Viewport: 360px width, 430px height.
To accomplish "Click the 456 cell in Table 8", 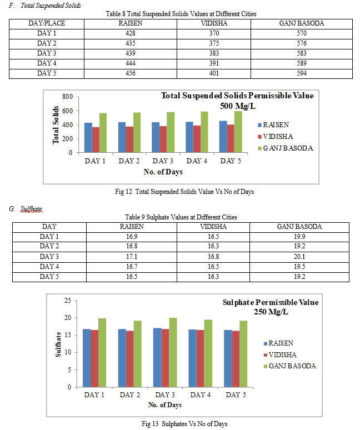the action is (130, 73).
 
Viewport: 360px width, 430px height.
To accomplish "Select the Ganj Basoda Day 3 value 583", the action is (302, 53).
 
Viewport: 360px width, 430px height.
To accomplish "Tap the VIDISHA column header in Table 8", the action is (214, 23).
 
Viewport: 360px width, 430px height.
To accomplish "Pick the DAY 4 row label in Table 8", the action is (47, 63).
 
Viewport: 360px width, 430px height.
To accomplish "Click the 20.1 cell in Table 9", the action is (299, 257).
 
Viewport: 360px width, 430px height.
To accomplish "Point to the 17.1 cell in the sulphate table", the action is (132, 257).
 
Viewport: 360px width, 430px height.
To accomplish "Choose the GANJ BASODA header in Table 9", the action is (299, 227).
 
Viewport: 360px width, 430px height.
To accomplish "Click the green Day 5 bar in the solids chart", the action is (238, 132).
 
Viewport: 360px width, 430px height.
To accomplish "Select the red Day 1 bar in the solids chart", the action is (96, 139).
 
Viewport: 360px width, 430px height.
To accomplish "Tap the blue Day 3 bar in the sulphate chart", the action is (157, 358).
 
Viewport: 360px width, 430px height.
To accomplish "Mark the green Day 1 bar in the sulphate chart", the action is (102, 353).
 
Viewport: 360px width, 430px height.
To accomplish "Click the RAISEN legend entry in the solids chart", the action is (273, 125).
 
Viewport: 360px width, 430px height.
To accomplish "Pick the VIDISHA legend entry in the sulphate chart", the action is (280, 355).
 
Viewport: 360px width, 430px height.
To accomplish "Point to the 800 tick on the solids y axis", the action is (67, 97).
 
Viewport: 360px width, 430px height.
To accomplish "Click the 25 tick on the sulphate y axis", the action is (68, 301).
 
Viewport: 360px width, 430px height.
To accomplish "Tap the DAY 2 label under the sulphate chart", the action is (129, 395).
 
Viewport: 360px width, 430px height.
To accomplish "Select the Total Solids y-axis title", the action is (56, 125).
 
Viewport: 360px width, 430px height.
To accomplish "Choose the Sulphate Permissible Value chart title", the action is (271, 307).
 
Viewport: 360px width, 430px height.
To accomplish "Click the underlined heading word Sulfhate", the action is (31, 209).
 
